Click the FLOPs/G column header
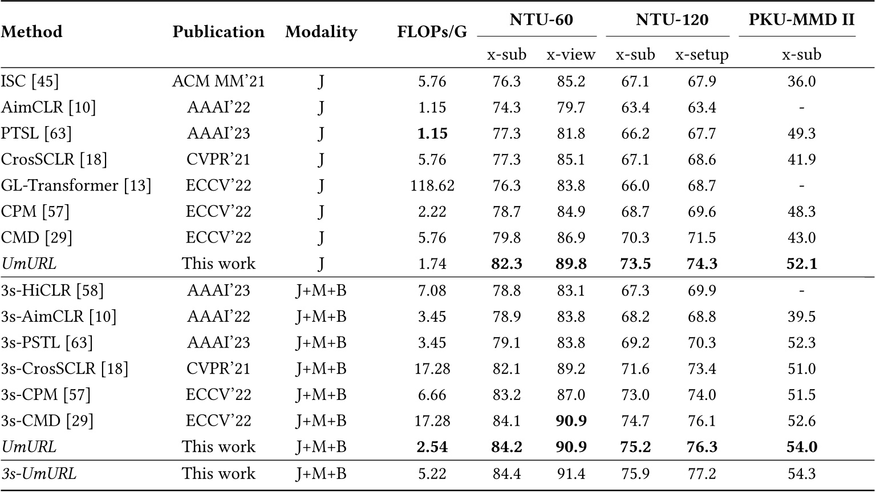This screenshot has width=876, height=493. pos(432,33)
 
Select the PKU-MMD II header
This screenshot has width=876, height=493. pos(801,20)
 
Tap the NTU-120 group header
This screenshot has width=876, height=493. pos(672,20)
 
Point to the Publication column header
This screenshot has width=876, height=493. pos(218,32)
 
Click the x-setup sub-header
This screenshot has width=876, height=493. pos(701,55)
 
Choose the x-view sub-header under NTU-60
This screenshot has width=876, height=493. pos(571,55)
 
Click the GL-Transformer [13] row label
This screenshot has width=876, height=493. pos(76,185)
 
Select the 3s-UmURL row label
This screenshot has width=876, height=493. pos(39,474)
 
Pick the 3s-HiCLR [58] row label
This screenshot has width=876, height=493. pos(52,290)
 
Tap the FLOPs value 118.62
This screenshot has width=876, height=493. pos(432,185)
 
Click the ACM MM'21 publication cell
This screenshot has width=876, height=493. pos(218,82)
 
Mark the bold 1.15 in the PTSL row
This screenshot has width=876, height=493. pos(432,134)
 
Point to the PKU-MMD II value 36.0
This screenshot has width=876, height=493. pos(801,82)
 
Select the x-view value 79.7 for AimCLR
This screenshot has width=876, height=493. pos(571,108)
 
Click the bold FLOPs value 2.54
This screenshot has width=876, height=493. pos(432,447)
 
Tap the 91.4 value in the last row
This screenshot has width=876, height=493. pos(571,474)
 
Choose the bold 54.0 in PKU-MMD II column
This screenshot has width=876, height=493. pos(801,447)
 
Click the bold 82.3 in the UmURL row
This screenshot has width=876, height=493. pos(506,264)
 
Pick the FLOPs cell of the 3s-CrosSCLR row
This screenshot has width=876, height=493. pos(432,369)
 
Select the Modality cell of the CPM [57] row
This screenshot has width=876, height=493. pos(321,212)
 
